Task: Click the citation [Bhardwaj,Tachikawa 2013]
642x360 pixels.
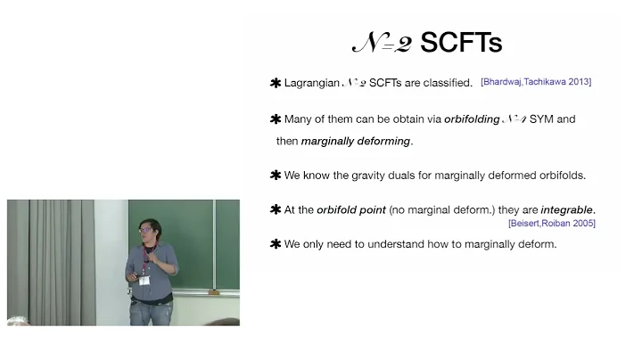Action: (x=535, y=82)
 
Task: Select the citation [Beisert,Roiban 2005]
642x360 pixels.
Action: (x=551, y=223)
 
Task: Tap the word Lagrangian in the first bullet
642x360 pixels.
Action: (x=311, y=83)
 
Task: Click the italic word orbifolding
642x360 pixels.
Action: (x=472, y=119)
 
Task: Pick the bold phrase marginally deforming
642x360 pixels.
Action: (x=356, y=141)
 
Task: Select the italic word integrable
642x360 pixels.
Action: (x=566, y=210)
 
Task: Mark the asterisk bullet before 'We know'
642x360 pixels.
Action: (x=275, y=175)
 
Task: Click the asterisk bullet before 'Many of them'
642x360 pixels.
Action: (x=275, y=119)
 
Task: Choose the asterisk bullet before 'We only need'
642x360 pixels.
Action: (x=275, y=243)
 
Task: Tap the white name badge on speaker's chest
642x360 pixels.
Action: (x=144, y=279)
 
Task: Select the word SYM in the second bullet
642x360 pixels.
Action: (x=542, y=119)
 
